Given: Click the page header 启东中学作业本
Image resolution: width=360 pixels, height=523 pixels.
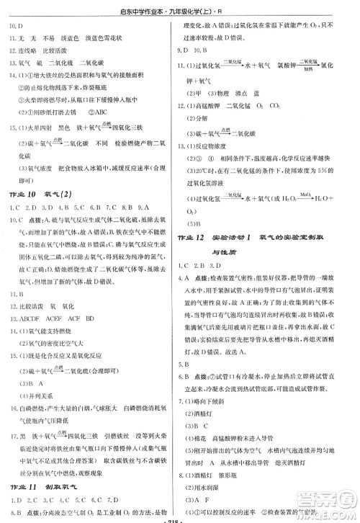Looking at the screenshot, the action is pyautogui.click(x=180, y=9).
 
